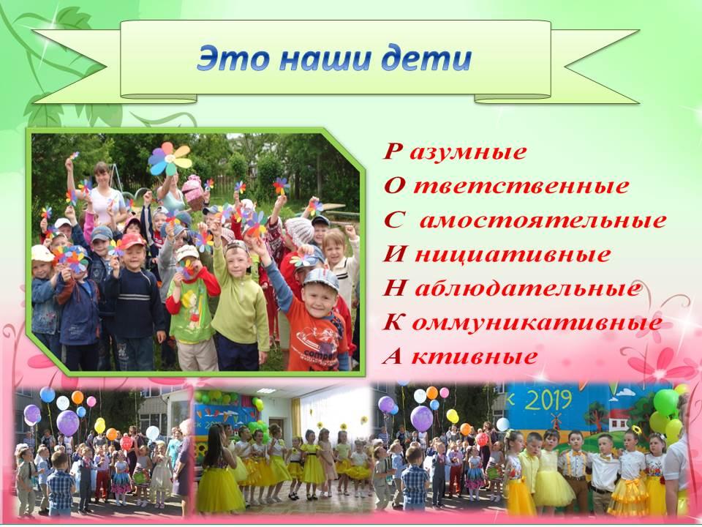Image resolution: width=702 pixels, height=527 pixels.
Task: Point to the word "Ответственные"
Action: pyautogui.click(x=506, y=185)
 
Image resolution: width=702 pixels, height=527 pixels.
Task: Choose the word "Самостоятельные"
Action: pyautogui.click(x=525, y=220)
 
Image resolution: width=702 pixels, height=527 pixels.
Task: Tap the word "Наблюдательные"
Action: pyautogui.click(x=512, y=288)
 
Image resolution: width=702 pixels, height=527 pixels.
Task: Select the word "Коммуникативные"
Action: pyautogui.click(x=522, y=322)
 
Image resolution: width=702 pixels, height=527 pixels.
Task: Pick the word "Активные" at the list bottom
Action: pyautogui.click(x=460, y=356)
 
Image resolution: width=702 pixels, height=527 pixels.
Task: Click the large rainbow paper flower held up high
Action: pyautogui.click(x=170, y=159)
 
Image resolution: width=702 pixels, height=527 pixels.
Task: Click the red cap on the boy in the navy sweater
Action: pyautogui.click(x=132, y=241)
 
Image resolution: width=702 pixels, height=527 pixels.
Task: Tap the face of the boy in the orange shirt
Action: pyautogui.click(x=319, y=298)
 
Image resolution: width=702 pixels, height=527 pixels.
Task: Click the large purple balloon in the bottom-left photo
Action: pyautogui.click(x=67, y=422)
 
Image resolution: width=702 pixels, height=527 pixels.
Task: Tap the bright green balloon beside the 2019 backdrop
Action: pyautogui.click(x=665, y=402)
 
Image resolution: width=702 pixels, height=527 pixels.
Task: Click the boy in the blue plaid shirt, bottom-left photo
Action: pyautogui.click(x=61, y=484)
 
